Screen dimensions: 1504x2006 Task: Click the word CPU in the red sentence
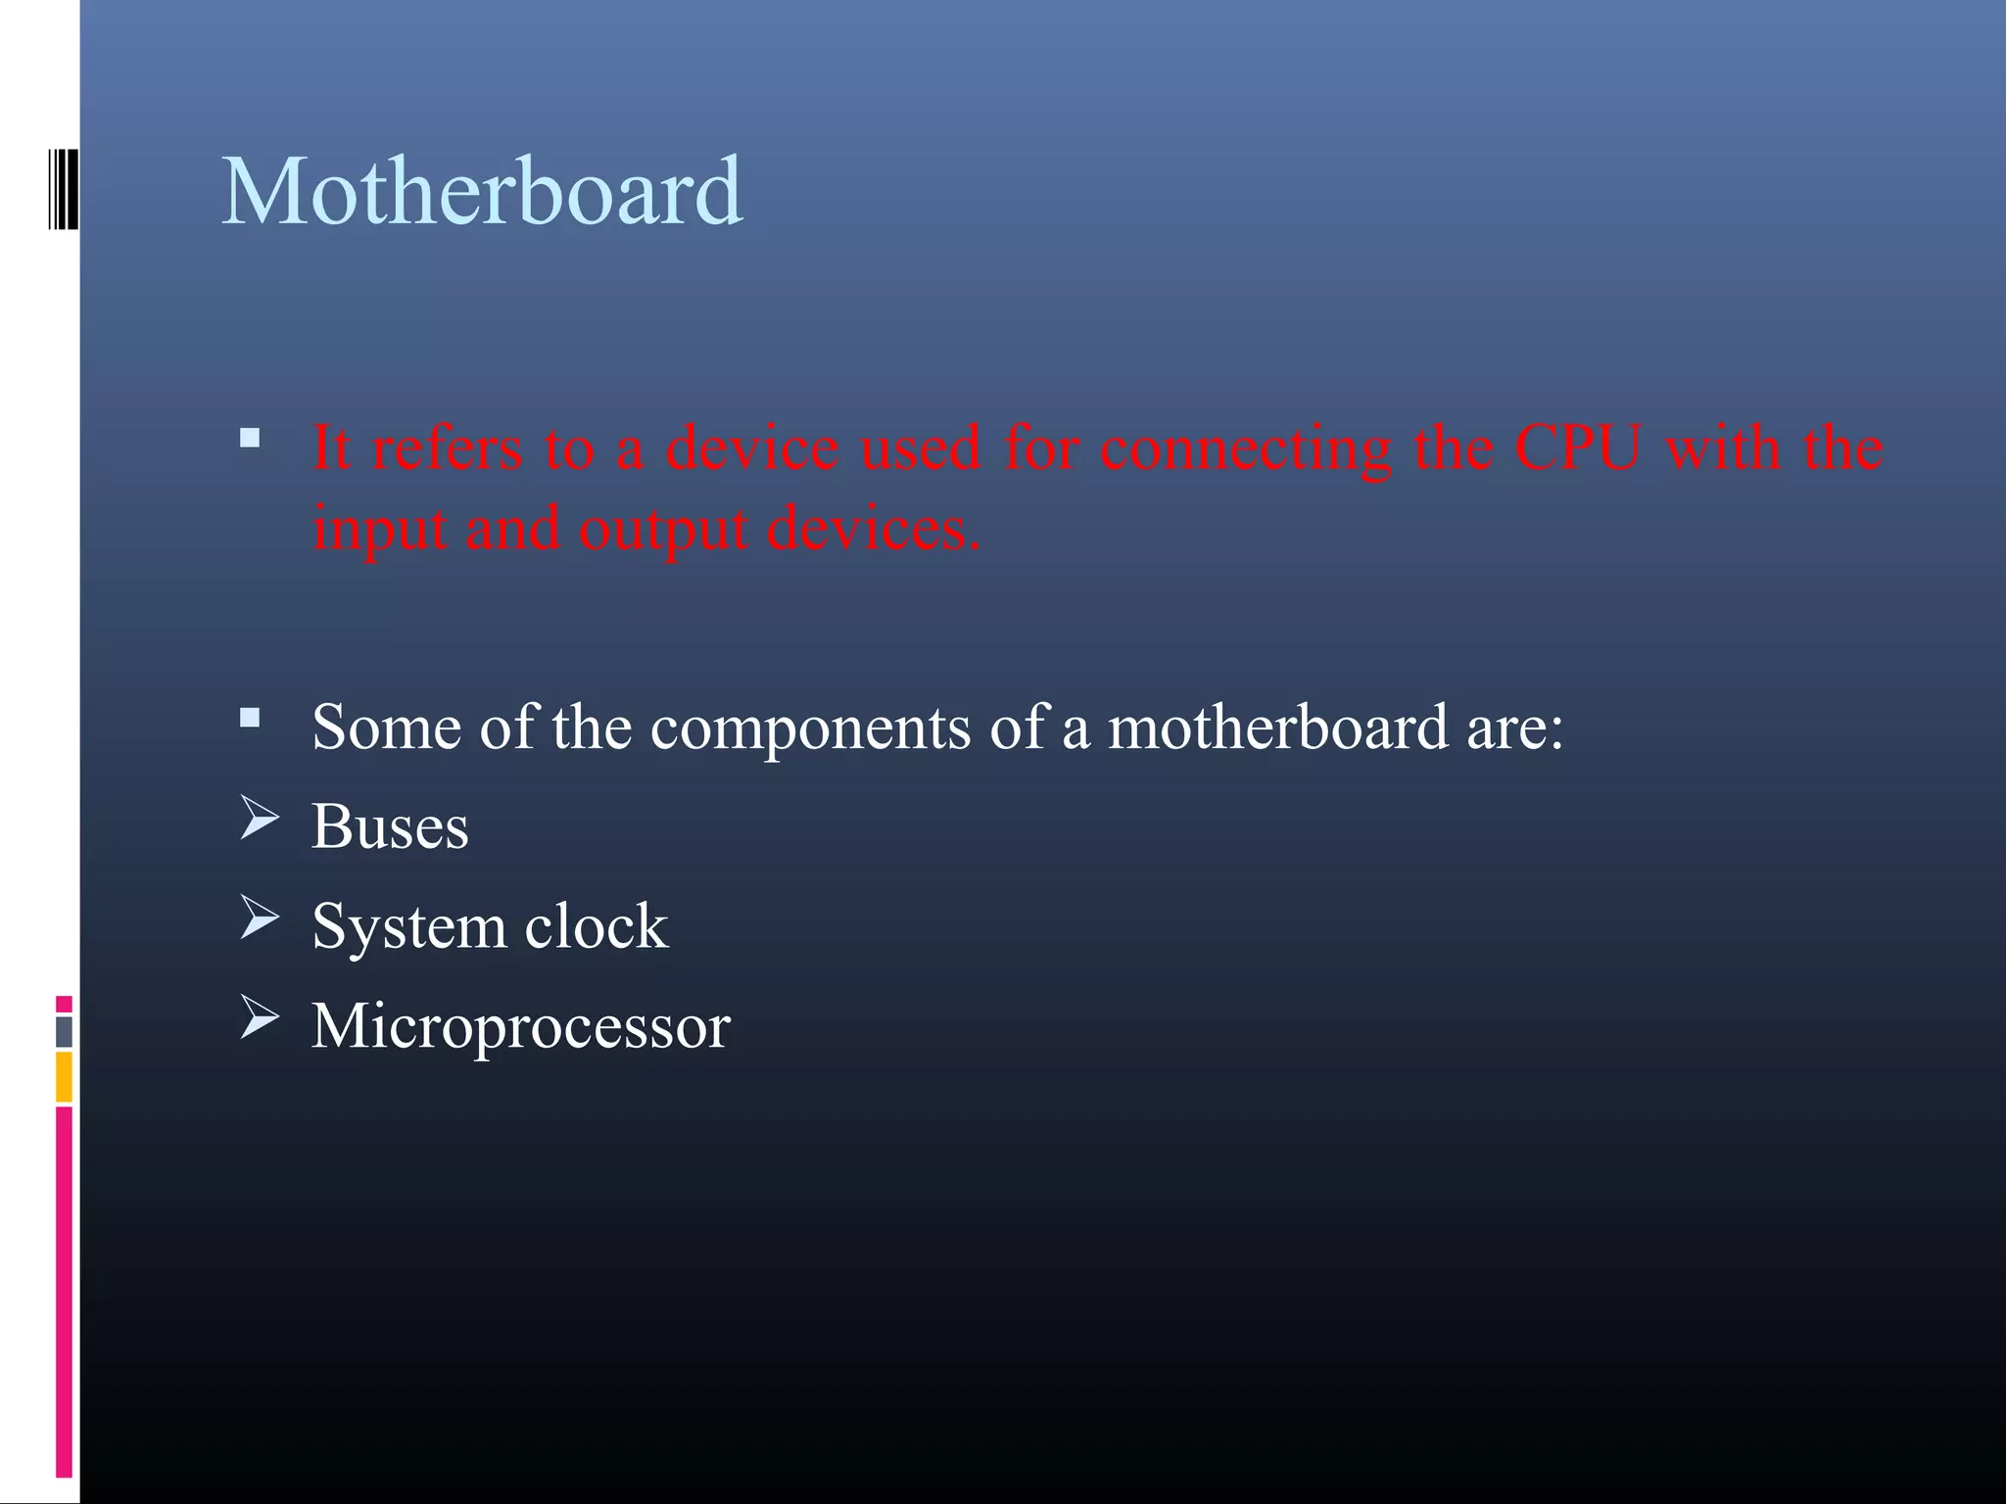pos(1577,448)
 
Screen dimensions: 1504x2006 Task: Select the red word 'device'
pos(751,448)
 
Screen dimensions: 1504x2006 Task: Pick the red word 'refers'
pos(447,448)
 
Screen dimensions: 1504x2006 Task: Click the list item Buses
pos(390,826)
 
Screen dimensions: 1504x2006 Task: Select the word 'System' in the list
pos(407,928)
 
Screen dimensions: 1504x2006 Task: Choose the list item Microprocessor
pos(521,1026)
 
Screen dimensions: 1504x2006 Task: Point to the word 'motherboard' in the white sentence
pos(1277,728)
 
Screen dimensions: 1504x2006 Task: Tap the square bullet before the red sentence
pos(250,438)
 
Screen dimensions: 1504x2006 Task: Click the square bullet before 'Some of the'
pos(250,719)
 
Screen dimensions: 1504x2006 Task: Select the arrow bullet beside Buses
pos(260,818)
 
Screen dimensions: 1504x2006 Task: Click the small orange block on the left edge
pos(64,1076)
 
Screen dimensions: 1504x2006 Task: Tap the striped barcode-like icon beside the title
pos(64,188)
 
